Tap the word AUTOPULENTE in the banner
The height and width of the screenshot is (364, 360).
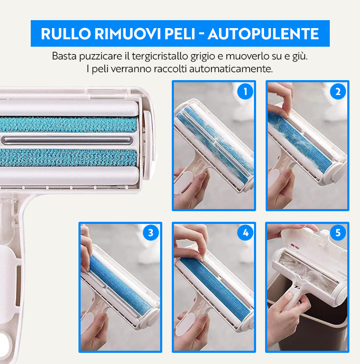point(263,33)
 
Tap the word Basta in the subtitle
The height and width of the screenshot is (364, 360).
point(64,56)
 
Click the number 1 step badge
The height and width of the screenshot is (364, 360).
point(244,92)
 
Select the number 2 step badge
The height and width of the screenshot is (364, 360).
point(338,92)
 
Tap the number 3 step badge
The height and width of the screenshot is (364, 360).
point(151,233)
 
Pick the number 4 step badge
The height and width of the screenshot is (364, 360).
point(244,233)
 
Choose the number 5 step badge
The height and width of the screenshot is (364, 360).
point(338,233)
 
